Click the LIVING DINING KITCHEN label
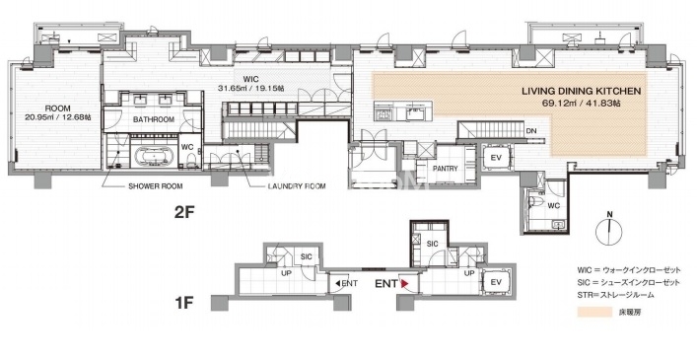(581, 92)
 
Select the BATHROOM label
(154, 119)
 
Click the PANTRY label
(445, 169)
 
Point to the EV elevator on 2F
(496, 158)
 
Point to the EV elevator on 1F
(496, 282)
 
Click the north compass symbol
(610, 230)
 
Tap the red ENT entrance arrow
(404, 283)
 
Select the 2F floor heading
(184, 213)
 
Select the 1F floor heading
(184, 304)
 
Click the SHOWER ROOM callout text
(156, 186)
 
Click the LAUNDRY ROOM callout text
(297, 186)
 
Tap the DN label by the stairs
(531, 130)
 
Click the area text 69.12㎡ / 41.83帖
(582, 103)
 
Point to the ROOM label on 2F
(58, 108)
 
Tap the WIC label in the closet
(251, 80)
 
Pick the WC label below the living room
(553, 205)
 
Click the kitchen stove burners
(384, 113)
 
